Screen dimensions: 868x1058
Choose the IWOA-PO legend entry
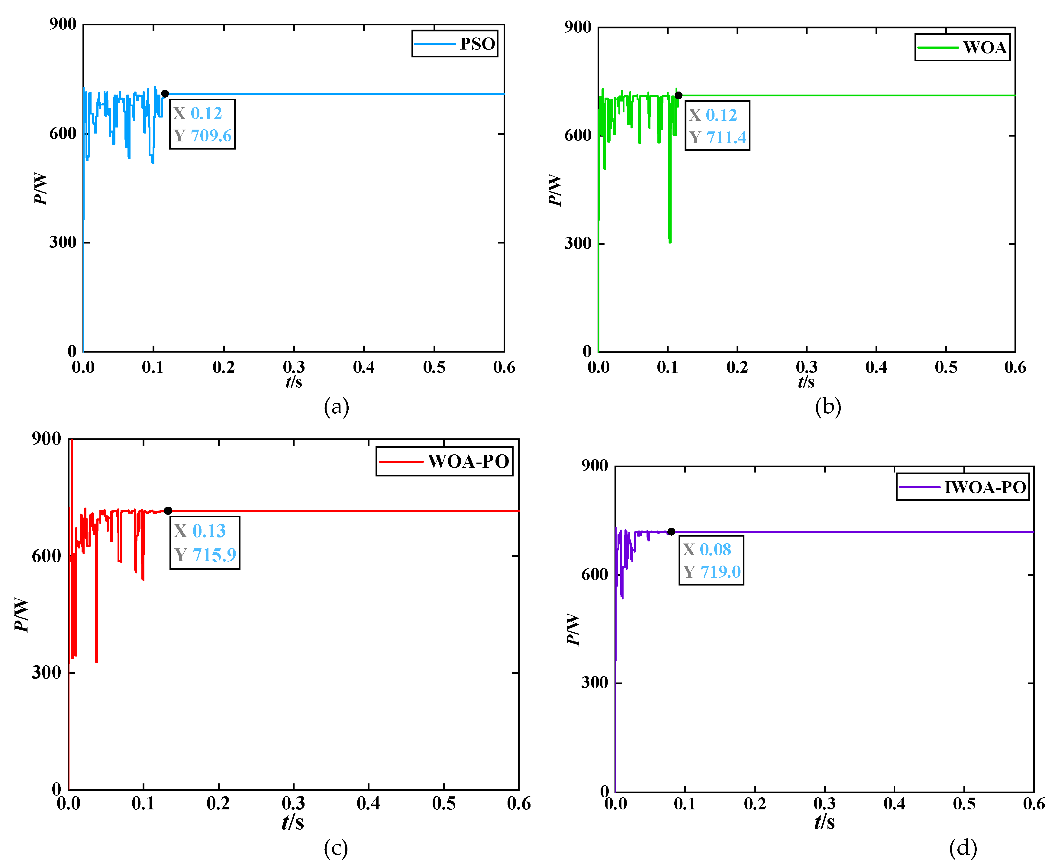[985, 487]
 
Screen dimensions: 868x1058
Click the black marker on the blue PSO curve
[165, 93]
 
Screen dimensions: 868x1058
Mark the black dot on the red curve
[168, 511]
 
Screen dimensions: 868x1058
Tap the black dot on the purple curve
[671, 531]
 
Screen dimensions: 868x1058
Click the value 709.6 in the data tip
[211, 135]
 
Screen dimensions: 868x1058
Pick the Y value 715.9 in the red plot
[214, 555]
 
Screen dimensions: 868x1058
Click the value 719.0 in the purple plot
[720, 572]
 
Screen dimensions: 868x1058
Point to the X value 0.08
[715, 550]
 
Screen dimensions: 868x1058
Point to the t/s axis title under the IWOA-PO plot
[824, 822]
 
